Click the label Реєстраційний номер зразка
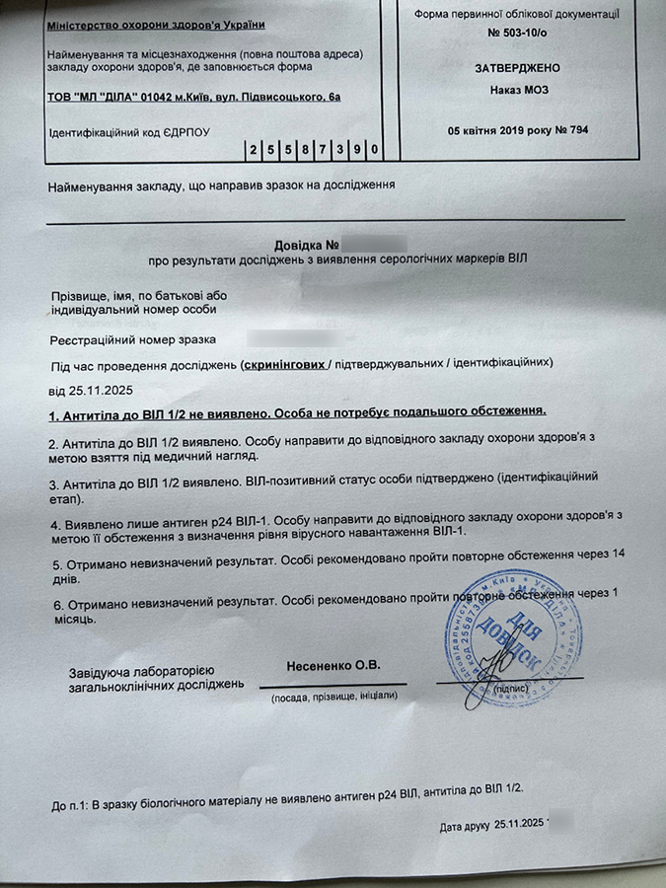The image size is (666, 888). [132, 338]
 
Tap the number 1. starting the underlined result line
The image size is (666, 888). [54, 410]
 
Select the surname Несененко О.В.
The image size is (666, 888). [333, 663]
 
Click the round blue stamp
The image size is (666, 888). [498, 631]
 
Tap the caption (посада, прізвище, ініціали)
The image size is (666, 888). [334, 697]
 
